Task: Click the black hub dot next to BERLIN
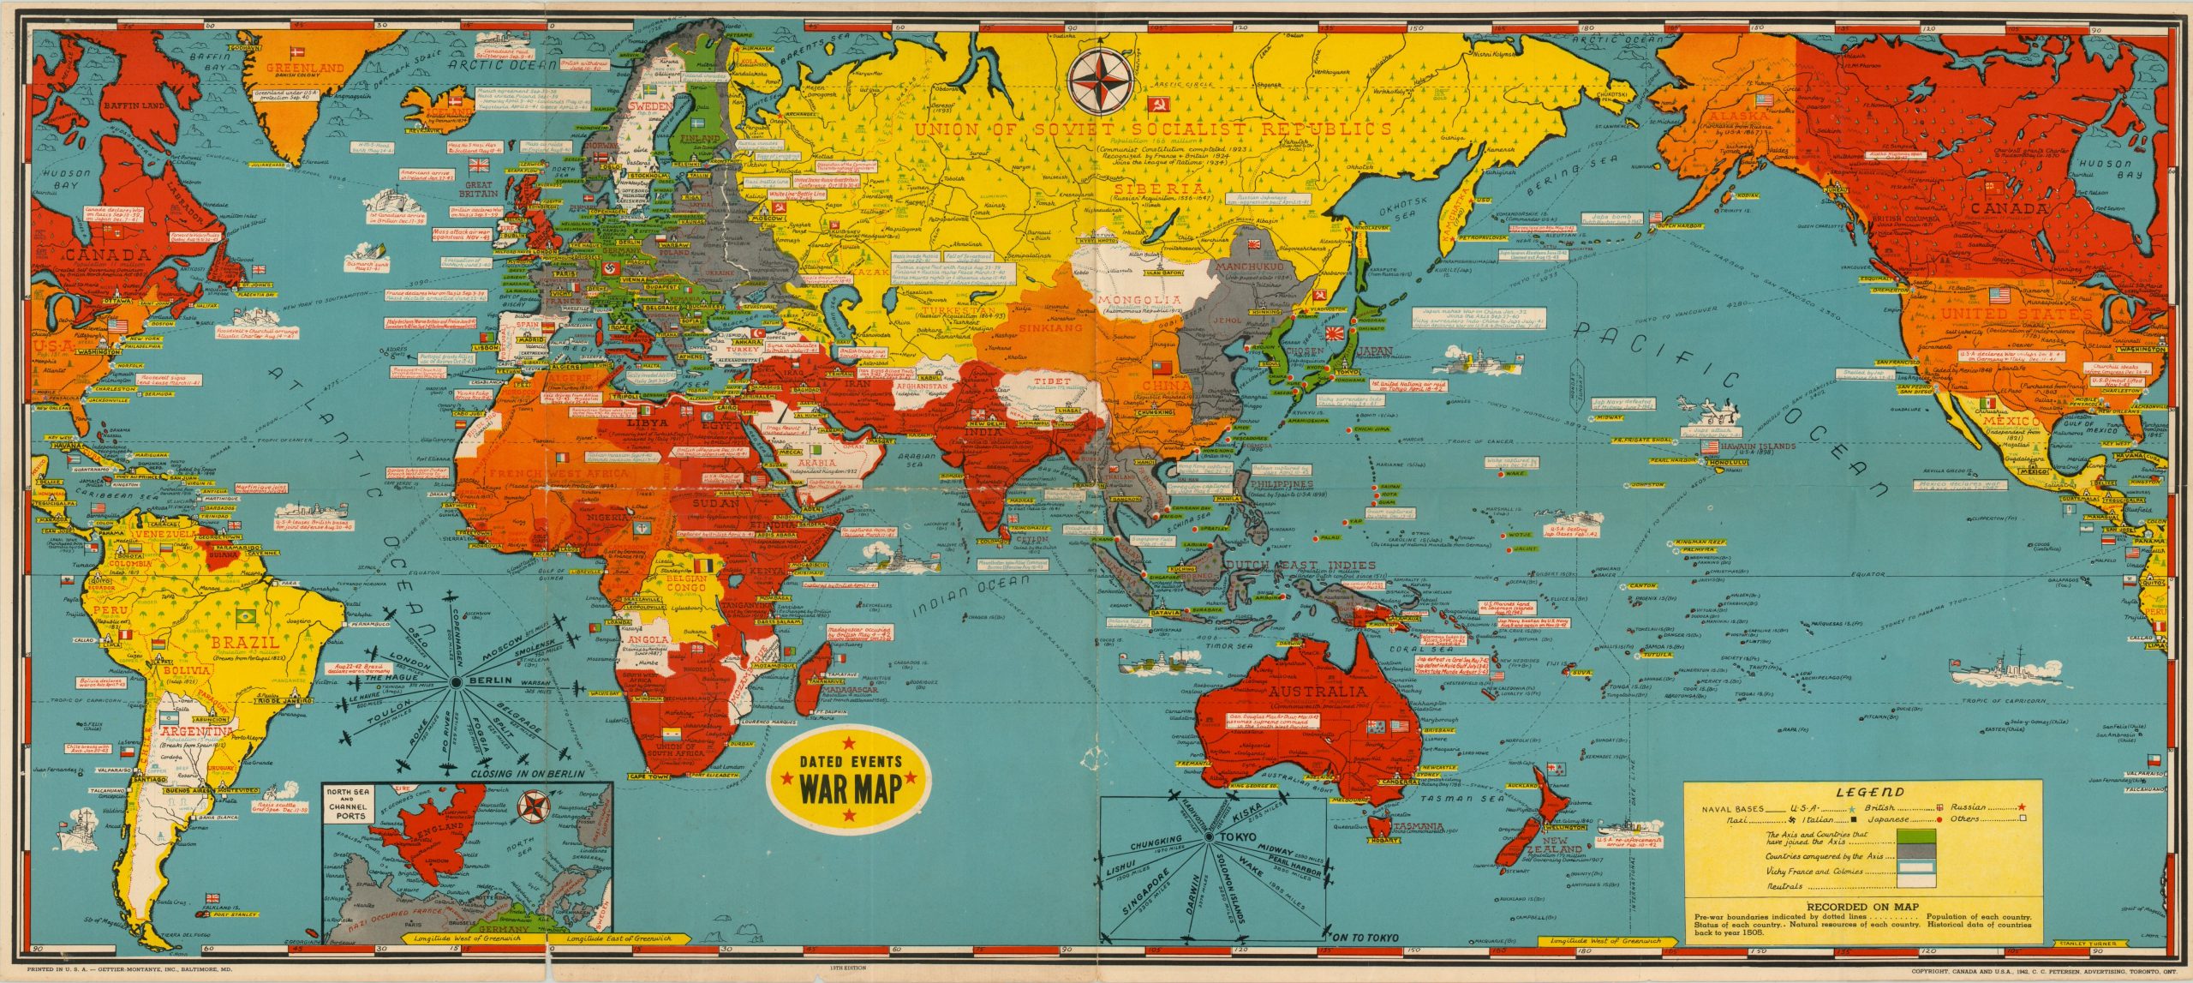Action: pos(456,682)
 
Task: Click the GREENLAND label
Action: pos(305,68)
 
